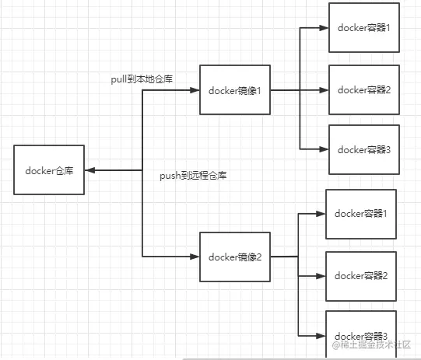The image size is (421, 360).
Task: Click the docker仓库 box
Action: coord(49,170)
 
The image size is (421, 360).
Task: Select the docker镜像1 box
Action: coord(234,90)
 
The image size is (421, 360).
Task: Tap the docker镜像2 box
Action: coord(234,257)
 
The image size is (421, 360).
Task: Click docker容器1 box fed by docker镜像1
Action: coord(363,27)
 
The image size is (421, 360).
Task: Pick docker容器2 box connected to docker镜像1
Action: coord(363,89)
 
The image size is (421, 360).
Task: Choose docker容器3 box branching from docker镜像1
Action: coord(363,149)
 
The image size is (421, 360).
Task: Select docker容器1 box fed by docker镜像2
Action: coord(360,213)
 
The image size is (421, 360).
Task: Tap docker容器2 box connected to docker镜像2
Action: coord(360,275)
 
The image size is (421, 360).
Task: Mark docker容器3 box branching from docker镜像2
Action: coord(360,334)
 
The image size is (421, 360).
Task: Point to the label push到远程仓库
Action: coord(192,177)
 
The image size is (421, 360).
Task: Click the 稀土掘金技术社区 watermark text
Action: coord(377,344)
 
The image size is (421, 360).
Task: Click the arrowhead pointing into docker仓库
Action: coord(89,170)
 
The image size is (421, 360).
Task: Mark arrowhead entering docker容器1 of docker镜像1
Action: coord(324,28)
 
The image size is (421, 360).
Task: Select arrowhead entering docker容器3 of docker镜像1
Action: coord(324,149)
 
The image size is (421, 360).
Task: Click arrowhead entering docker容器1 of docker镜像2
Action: coord(321,213)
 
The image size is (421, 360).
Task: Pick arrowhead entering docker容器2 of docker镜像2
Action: coord(321,275)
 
